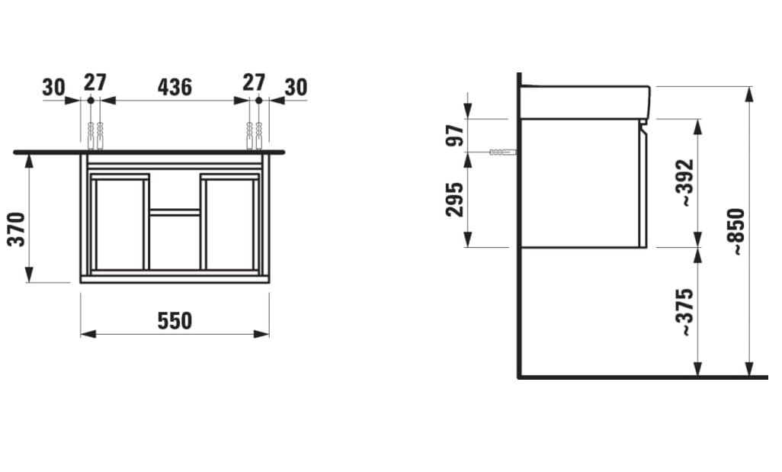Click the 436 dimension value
(x=175, y=88)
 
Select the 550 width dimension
(x=175, y=321)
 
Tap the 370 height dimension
(x=18, y=229)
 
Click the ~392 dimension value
(x=685, y=183)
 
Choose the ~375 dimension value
(x=685, y=312)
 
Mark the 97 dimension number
(x=455, y=135)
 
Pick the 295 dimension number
(x=455, y=200)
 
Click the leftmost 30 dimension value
(x=53, y=88)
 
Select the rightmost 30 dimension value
(x=296, y=88)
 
